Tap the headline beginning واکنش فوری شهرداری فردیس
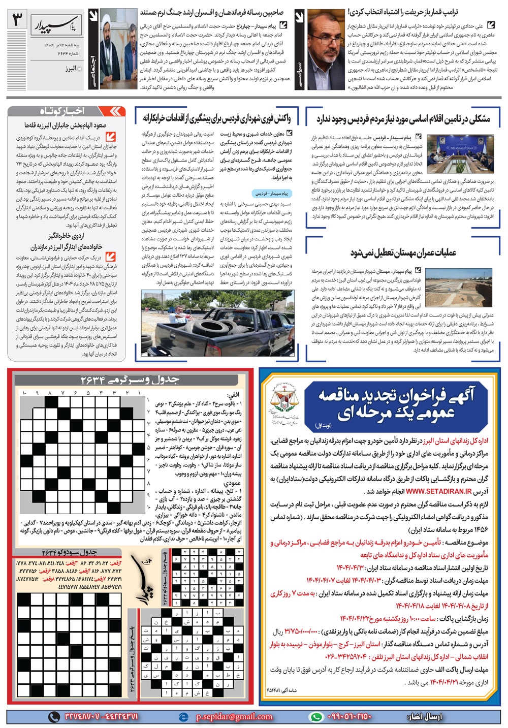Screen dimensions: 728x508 click(216, 118)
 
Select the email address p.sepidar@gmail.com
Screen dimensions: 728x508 click(234, 716)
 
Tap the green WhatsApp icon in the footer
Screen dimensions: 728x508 click(315, 716)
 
